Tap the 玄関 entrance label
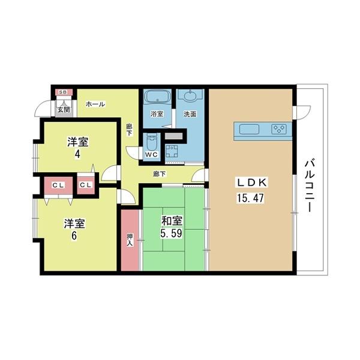[64, 110]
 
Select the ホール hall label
[95, 104]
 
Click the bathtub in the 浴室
[157, 96]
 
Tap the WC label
[151, 155]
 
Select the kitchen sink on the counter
[250, 129]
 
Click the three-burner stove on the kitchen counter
[279, 129]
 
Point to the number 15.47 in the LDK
[250, 198]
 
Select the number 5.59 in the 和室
[171, 233]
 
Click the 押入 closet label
[130, 240]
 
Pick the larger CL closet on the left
[58, 185]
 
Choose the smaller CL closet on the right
[86, 185]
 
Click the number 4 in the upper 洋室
[77, 154]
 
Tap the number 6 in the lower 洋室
[74, 236]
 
